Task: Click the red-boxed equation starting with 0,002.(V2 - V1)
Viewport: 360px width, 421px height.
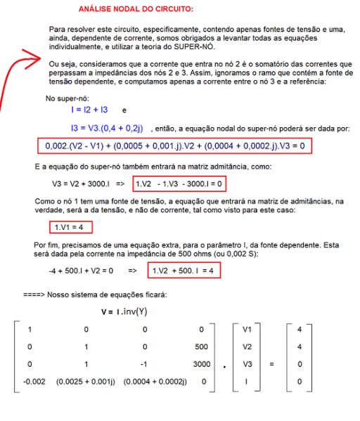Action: pyautogui.click(x=173, y=146)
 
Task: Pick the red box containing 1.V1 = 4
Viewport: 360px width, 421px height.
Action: pyautogui.click(x=70, y=228)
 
